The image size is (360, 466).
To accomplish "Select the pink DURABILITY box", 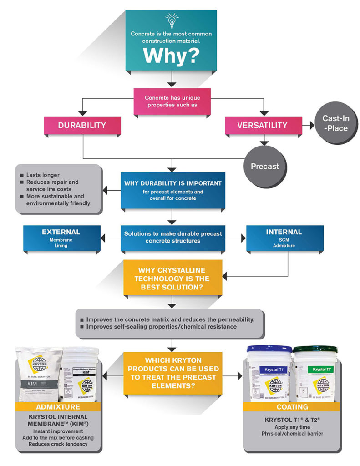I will (82, 125).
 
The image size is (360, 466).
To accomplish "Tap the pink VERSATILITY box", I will (262, 125).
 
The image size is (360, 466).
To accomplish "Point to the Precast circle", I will (264, 166).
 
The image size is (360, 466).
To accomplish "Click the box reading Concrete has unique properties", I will (172, 101).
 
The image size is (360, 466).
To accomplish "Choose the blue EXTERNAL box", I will (61, 238).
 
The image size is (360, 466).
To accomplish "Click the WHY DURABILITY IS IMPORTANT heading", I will (172, 183).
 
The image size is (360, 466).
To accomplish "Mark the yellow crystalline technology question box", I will (172, 276).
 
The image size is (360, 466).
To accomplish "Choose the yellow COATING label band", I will (292, 406).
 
